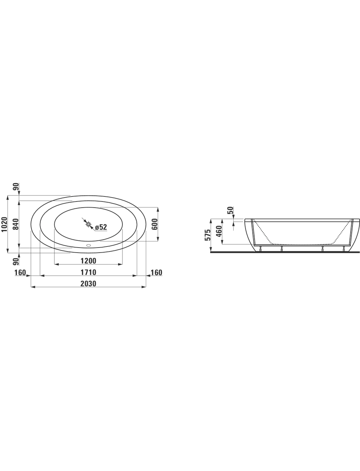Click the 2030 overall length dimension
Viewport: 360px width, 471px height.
(x=88, y=284)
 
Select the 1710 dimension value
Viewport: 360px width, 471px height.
(x=88, y=272)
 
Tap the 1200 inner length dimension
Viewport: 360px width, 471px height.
(x=88, y=261)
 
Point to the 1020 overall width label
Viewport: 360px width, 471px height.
(x=4, y=224)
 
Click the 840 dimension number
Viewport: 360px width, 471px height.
(x=16, y=224)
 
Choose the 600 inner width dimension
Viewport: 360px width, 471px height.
(x=154, y=224)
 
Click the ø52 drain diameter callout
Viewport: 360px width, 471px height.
(x=101, y=227)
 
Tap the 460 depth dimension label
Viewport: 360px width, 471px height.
(x=219, y=231)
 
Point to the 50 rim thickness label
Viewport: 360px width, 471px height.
(x=230, y=210)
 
